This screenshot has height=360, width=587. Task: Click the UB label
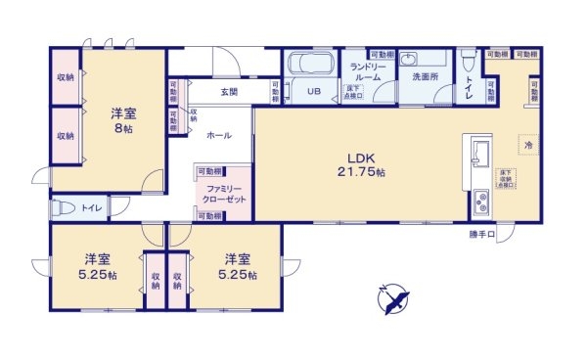point(314,91)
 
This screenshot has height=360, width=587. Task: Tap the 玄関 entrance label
point(229,92)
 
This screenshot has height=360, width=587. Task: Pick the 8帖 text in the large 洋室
point(123,128)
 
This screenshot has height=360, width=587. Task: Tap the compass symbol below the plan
point(394,297)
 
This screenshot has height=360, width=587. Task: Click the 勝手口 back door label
point(482,235)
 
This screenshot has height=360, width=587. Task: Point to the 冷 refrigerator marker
point(527,144)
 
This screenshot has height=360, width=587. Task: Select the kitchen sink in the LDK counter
point(481,154)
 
